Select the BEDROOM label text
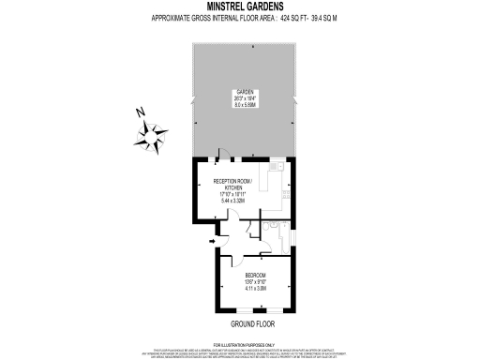click(x=256, y=275)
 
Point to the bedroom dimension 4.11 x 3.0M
click(x=256, y=288)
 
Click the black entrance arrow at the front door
click(x=212, y=242)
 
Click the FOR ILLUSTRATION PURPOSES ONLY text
click(x=240, y=346)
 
